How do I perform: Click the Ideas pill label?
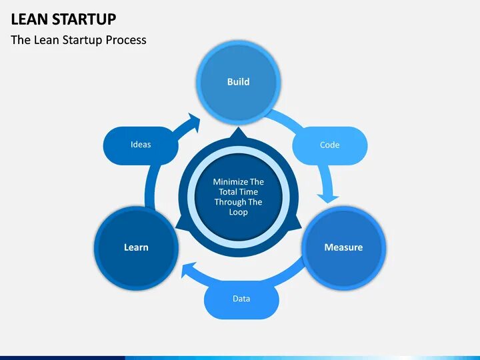coord(141,145)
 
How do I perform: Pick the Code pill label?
coord(329,145)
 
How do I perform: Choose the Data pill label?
coord(241,299)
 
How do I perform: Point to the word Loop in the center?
coord(238,212)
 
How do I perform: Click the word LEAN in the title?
coord(29,19)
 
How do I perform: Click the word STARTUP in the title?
coord(85,19)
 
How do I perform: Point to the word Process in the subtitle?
coord(125,40)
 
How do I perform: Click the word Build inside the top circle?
coord(238,81)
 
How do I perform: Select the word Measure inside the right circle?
coord(343,247)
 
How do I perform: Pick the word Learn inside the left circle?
coord(136,247)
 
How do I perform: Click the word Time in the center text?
coord(250,192)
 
